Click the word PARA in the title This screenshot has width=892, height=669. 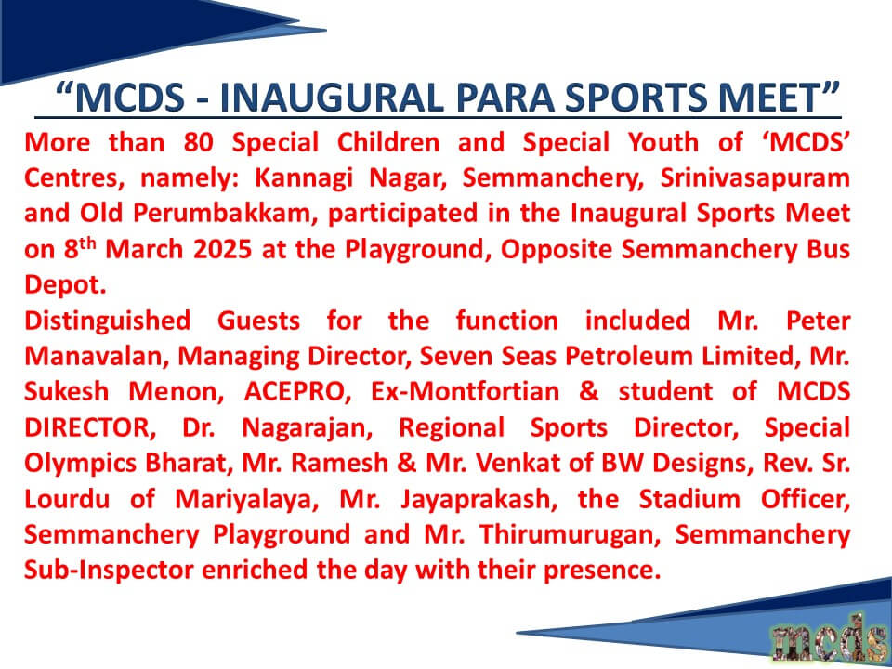[505, 98]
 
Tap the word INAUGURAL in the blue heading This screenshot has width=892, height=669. [332, 98]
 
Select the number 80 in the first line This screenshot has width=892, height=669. [199, 142]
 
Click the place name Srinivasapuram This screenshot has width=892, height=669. [754, 179]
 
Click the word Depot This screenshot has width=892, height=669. [65, 285]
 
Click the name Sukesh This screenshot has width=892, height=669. [67, 392]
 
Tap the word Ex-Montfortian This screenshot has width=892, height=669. [465, 392]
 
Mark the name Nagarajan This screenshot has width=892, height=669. [308, 428]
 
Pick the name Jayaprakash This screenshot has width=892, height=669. [476, 500]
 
